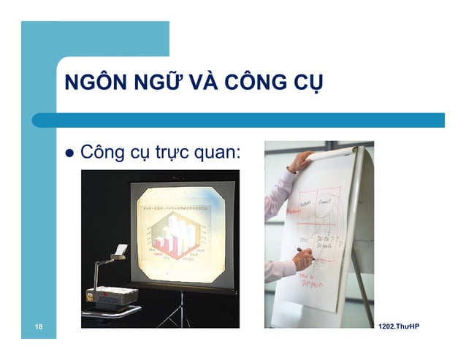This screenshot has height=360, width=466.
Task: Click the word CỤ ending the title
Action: click(x=307, y=83)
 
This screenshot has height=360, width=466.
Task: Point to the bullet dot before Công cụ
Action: click(x=71, y=154)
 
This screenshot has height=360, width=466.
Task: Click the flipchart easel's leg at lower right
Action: click(x=362, y=299)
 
